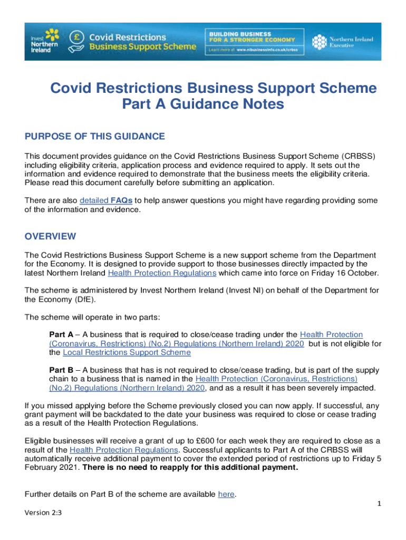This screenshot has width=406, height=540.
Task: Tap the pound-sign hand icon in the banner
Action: (x=76, y=41)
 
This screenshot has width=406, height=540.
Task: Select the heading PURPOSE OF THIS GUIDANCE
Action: (x=95, y=137)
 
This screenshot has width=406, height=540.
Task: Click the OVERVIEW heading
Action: (x=50, y=236)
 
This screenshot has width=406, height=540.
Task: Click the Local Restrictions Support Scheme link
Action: (x=127, y=352)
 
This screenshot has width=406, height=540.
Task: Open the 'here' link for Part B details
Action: (x=226, y=494)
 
